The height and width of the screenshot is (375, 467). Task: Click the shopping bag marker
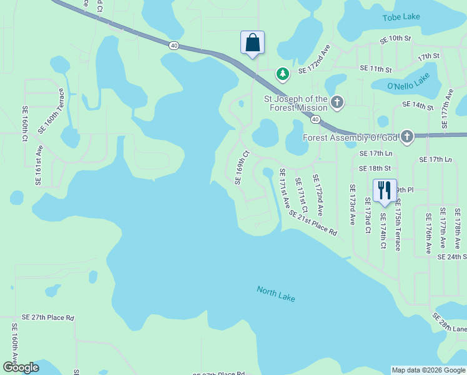click(252, 43)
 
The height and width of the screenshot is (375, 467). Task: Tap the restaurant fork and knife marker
click(385, 191)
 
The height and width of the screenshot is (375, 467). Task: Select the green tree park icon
click(283, 74)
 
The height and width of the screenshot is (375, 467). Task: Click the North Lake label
click(276, 294)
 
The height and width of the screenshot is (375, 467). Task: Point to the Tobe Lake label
click(401, 17)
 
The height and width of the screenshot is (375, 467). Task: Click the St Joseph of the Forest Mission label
click(295, 103)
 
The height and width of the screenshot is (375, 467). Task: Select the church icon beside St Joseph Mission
click(337, 102)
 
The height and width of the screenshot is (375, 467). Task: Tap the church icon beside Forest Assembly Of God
click(407, 137)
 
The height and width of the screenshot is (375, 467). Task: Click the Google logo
click(21, 367)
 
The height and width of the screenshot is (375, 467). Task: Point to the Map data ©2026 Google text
click(428, 370)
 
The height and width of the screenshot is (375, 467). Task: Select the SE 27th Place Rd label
click(47, 317)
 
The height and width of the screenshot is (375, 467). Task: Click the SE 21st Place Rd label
click(313, 223)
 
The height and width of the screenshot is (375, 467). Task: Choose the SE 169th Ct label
click(242, 167)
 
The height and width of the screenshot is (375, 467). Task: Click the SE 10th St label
click(396, 39)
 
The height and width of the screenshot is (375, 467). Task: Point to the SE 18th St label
click(375, 168)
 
